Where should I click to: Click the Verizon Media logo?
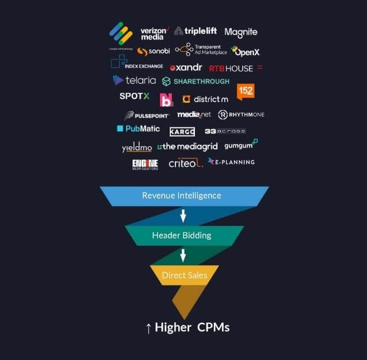[x=154, y=33]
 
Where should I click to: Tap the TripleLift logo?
[x=196, y=32]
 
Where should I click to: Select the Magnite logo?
[x=241, y=33]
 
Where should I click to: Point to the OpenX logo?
[x=245, y=52]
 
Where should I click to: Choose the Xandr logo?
[x=186, y=68]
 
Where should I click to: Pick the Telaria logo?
[x=134, y=80]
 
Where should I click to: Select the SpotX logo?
[x=134, y=96]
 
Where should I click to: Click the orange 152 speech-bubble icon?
[x=245, y=91]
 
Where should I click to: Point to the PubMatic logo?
[x=138, y=128]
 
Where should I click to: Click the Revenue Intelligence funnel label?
[x=181, y=195]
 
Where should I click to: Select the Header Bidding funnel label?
[x=181, y=236]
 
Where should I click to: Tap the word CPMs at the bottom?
[x=213, y=328]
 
